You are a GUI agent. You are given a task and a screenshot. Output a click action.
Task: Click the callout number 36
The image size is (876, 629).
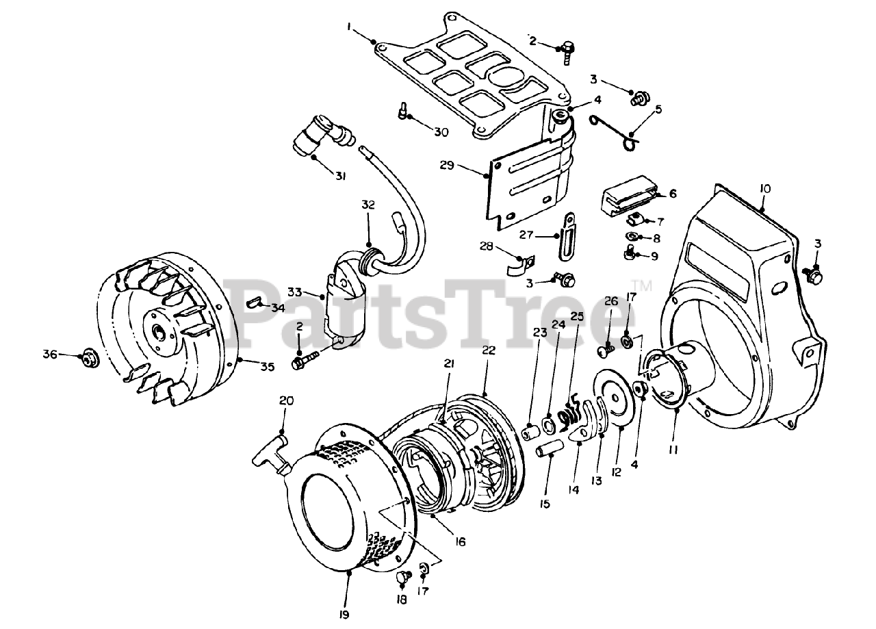click(49, 354)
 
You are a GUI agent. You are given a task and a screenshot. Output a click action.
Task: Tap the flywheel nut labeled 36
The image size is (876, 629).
click(88, 357)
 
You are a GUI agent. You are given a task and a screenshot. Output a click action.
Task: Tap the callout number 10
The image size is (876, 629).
click(764, 188)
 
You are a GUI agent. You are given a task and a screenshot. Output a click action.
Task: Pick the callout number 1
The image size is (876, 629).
click(349, 28)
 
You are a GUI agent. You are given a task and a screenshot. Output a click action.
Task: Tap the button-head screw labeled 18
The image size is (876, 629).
click(403, 578)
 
